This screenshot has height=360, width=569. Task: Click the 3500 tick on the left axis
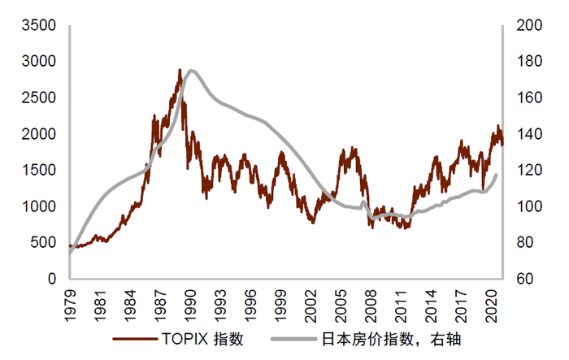pos(39,25)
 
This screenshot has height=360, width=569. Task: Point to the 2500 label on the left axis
pos(39,98)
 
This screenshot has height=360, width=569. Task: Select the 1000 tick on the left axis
pos(39,206)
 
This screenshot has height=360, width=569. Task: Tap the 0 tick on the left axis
pos(51,279)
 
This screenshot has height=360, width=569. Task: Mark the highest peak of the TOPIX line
pos(180,70)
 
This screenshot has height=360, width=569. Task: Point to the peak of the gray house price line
pos(190,71)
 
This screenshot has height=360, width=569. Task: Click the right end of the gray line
pos(496,174)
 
